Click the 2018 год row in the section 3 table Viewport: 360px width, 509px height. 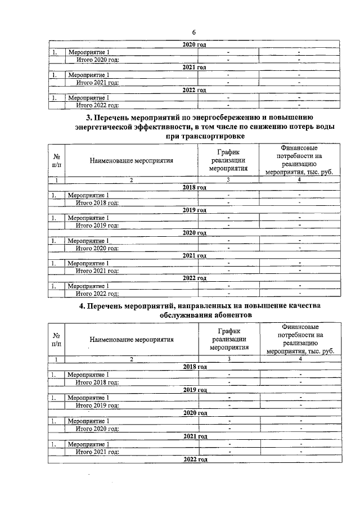195,187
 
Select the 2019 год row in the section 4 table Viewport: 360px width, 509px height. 195,389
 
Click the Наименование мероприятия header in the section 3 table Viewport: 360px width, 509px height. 130,160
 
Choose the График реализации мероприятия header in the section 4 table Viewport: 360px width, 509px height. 229,339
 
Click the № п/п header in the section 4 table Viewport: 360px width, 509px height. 57,339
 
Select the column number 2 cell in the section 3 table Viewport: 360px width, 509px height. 130,180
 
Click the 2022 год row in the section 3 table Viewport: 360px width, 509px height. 195,278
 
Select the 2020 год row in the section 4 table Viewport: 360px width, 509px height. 195,413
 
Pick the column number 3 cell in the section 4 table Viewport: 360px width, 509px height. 229,359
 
